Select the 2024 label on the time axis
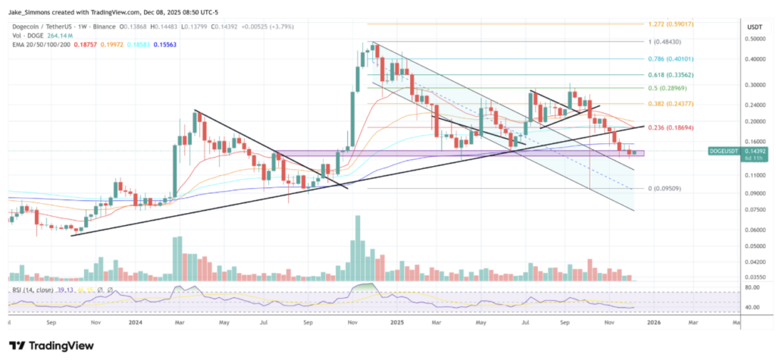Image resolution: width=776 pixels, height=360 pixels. point(137,321)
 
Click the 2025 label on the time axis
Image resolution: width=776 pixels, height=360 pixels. point(396,321)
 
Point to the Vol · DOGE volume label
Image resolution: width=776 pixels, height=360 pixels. point(27,35)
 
